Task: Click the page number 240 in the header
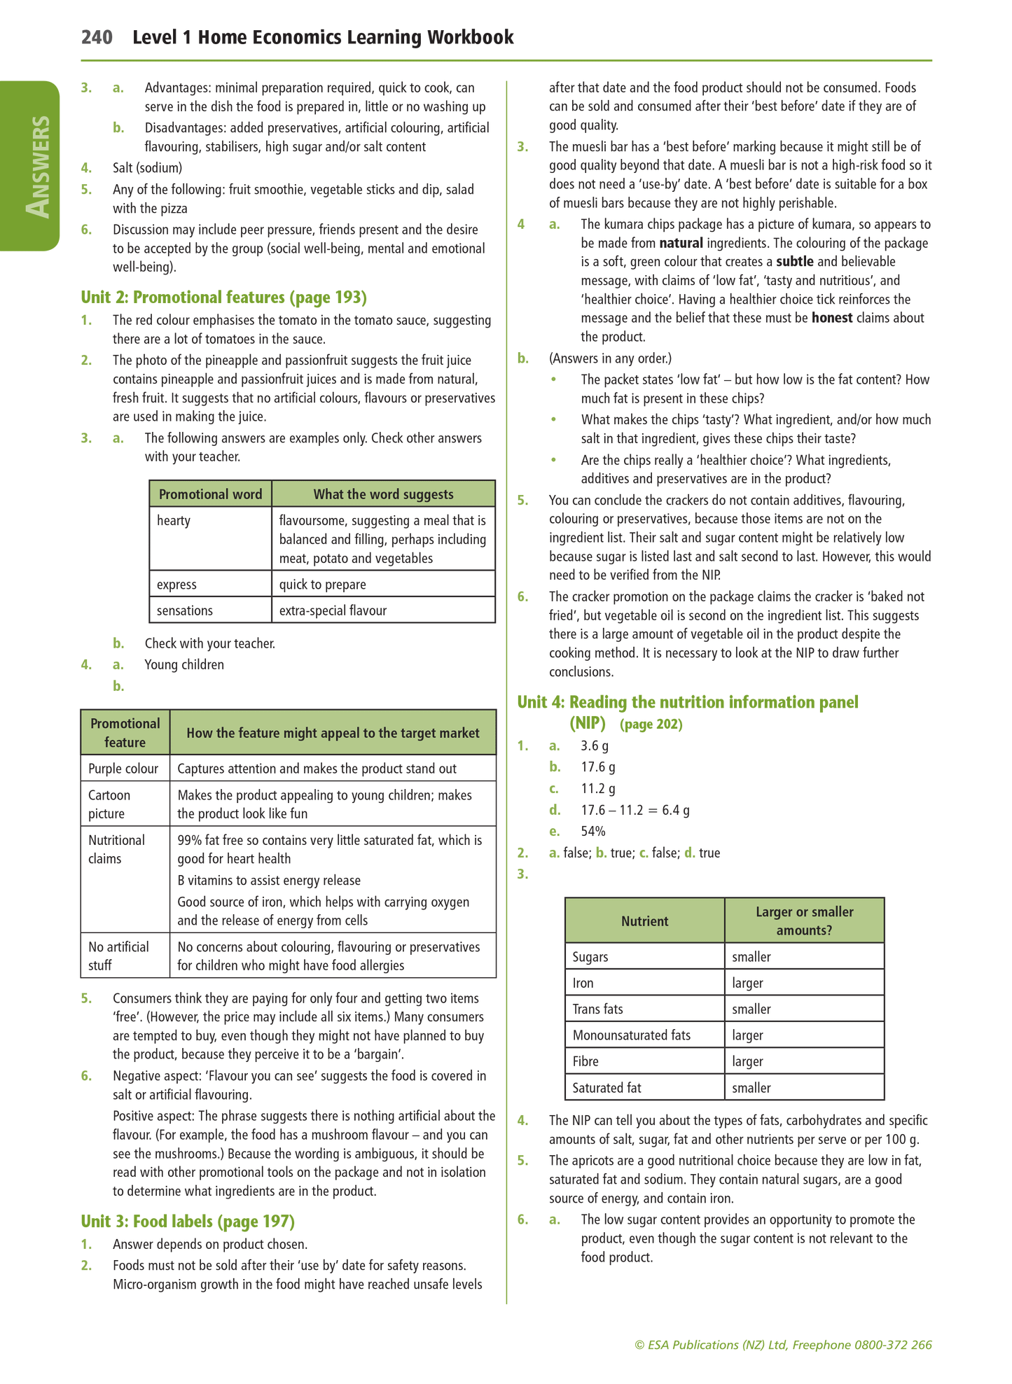[97, 37]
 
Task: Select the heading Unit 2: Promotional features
[223, 298]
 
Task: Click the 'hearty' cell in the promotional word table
[174, 521]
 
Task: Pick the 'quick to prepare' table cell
[322, 585]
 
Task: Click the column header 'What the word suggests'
[383, 494]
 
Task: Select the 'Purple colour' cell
[123, 769]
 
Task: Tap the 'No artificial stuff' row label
[118, 956]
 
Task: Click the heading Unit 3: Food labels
[188, 1222]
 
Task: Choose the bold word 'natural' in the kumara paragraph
[681, 244]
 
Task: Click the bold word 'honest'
[832, 318]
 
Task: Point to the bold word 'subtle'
[795, 262]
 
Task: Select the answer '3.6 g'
[595, 746]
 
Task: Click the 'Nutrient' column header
[644, 921]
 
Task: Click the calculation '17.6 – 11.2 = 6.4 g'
[635, 811]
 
